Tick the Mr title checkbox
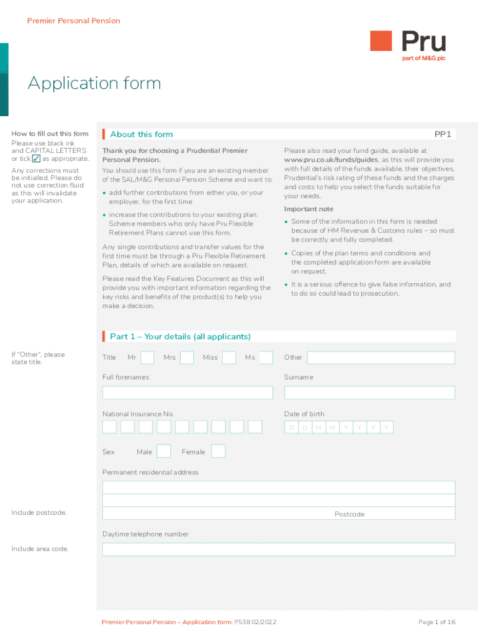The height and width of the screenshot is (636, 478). (147, 358)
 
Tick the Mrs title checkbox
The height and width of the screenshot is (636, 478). (186, 358)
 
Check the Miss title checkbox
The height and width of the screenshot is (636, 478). (228, 358)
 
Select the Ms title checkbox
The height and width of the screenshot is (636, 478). (266, 358)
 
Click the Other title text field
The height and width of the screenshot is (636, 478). (381, 358)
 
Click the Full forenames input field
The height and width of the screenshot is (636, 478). (187, 393)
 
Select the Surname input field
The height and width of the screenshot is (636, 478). (369, 393)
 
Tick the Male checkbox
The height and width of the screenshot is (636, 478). (164, 451)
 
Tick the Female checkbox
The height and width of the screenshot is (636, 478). (218, 451)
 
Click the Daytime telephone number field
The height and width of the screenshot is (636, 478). (279, 550)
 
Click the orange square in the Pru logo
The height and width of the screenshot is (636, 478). (381, 42)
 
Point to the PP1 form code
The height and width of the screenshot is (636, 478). (442, 134)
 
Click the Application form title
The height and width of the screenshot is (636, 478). (94, 83)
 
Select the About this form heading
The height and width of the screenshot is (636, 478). (142, 134)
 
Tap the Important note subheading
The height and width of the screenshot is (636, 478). (309, 209)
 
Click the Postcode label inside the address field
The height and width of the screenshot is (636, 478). (349, 514)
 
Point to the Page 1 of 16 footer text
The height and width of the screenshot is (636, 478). (437, 622)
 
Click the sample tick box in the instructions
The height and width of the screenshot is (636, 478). (36, 158)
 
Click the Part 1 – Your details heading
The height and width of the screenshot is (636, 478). (180, 337)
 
